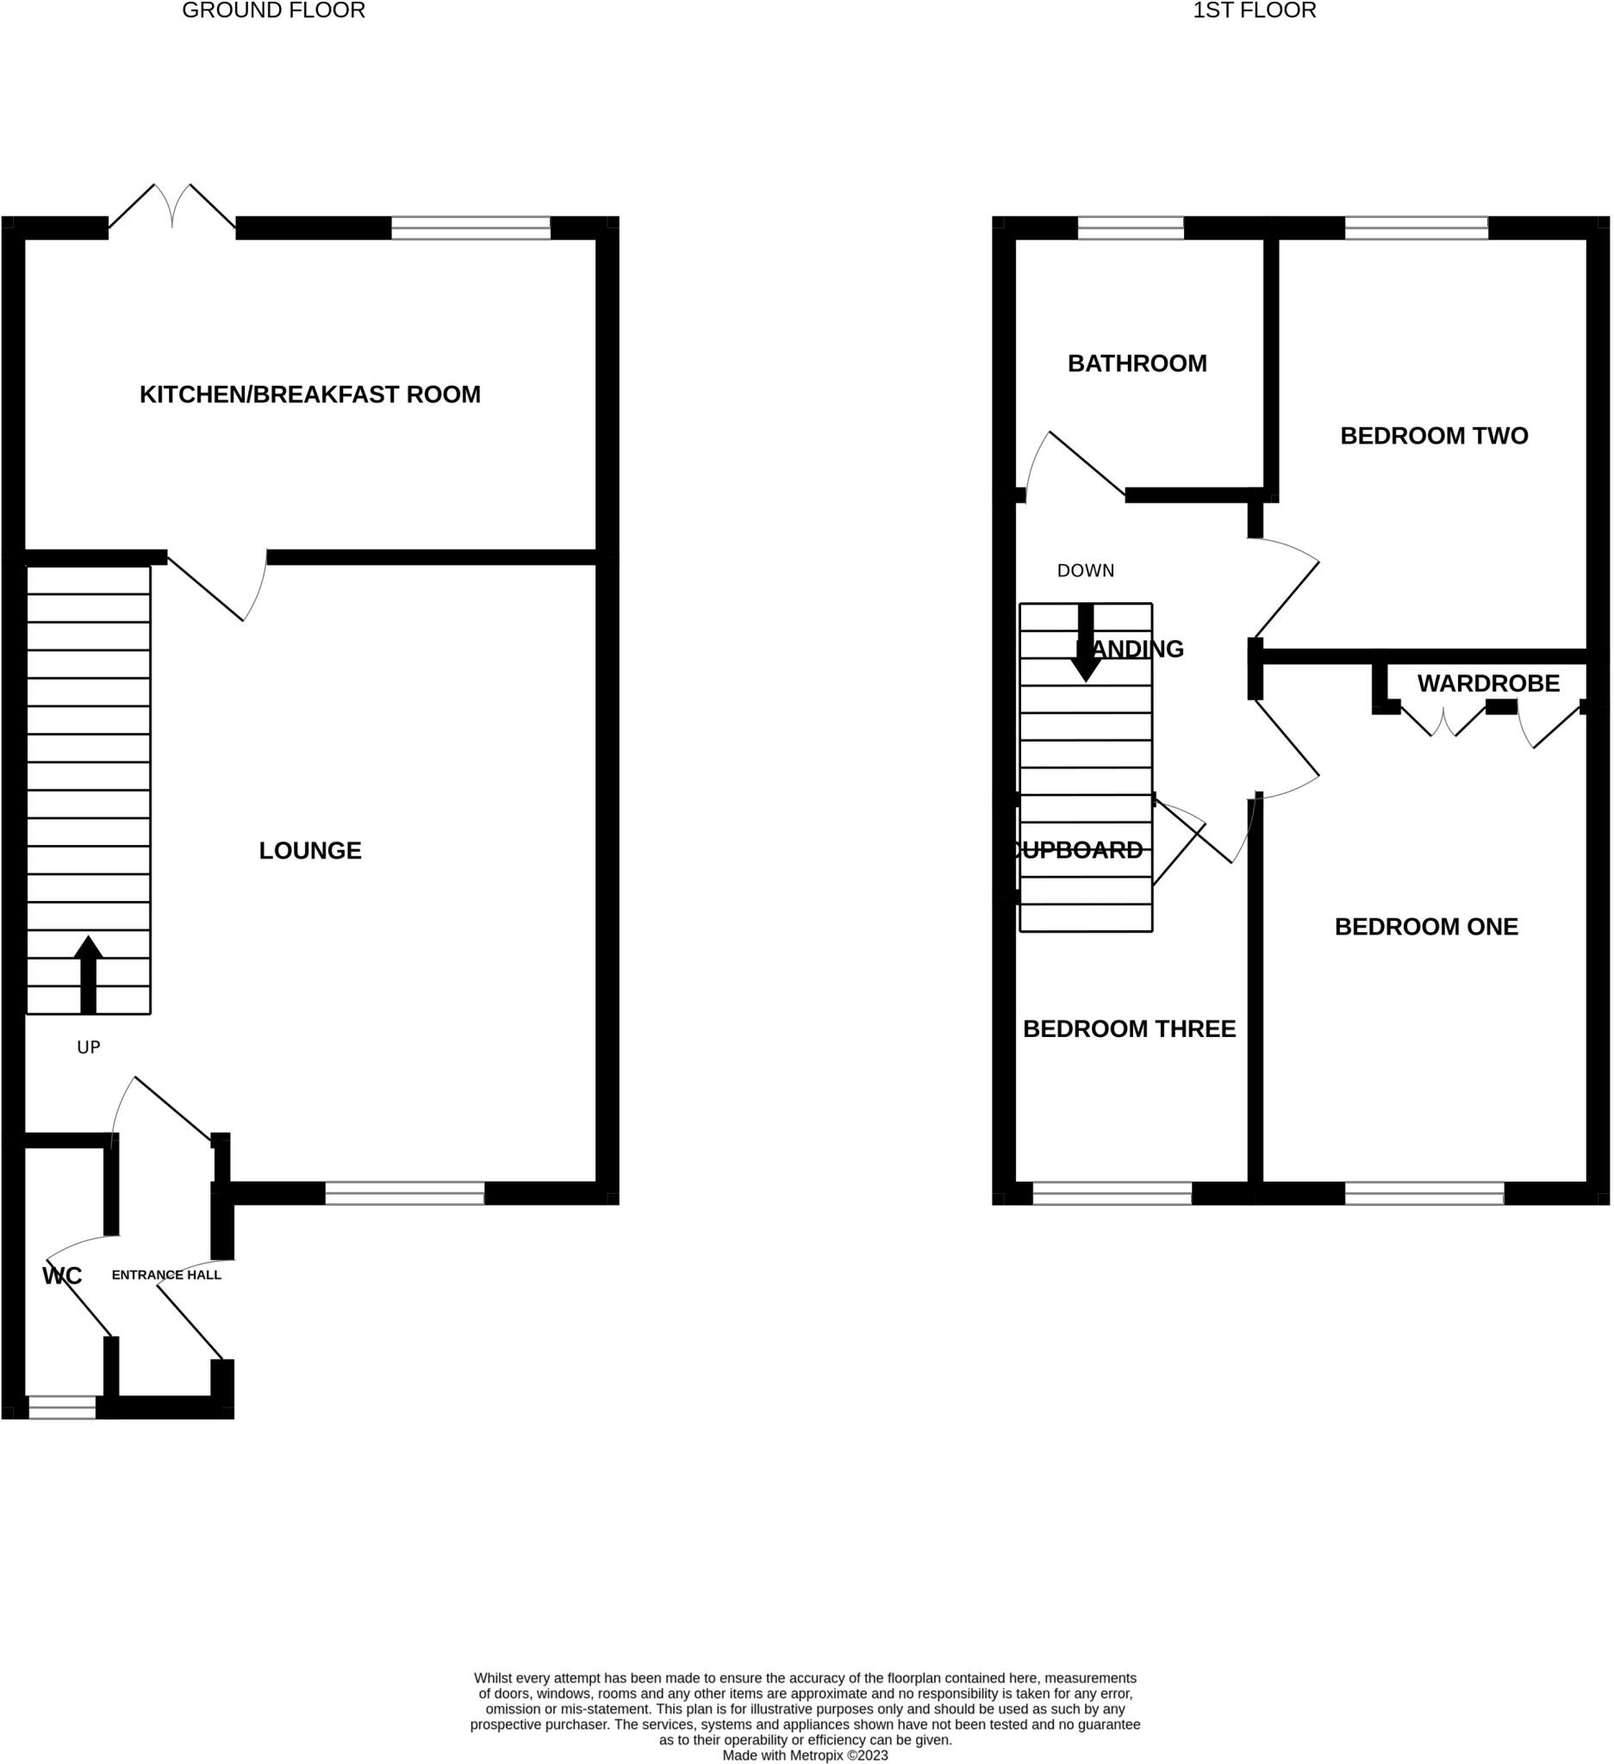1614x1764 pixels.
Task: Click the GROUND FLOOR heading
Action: coord(273,11)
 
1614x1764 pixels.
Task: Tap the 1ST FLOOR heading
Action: coord(1254,11)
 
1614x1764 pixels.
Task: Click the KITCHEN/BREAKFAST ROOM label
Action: coord(310,394)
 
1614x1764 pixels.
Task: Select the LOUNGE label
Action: coord(310,850)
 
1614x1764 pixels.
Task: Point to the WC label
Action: coord(62,1276)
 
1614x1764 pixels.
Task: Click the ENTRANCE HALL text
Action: coord(166,1275)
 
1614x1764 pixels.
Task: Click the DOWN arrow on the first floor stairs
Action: coord(1086,643)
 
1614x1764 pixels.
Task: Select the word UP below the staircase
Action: coord(89,1047)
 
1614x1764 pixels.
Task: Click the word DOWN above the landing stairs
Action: coord(1086,570)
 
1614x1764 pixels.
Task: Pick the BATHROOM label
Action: coord(1137,363)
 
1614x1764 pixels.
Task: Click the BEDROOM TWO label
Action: coord(1434,436)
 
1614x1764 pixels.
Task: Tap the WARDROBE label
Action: coord(1488,683)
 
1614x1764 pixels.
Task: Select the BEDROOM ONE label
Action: coord(1426,927)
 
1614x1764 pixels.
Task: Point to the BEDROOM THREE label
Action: coord(1129,1029)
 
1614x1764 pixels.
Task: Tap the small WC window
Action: coord(62,1407)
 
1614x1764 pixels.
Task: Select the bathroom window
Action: coord(1130,228)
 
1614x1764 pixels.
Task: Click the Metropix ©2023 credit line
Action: coord(804,1755)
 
